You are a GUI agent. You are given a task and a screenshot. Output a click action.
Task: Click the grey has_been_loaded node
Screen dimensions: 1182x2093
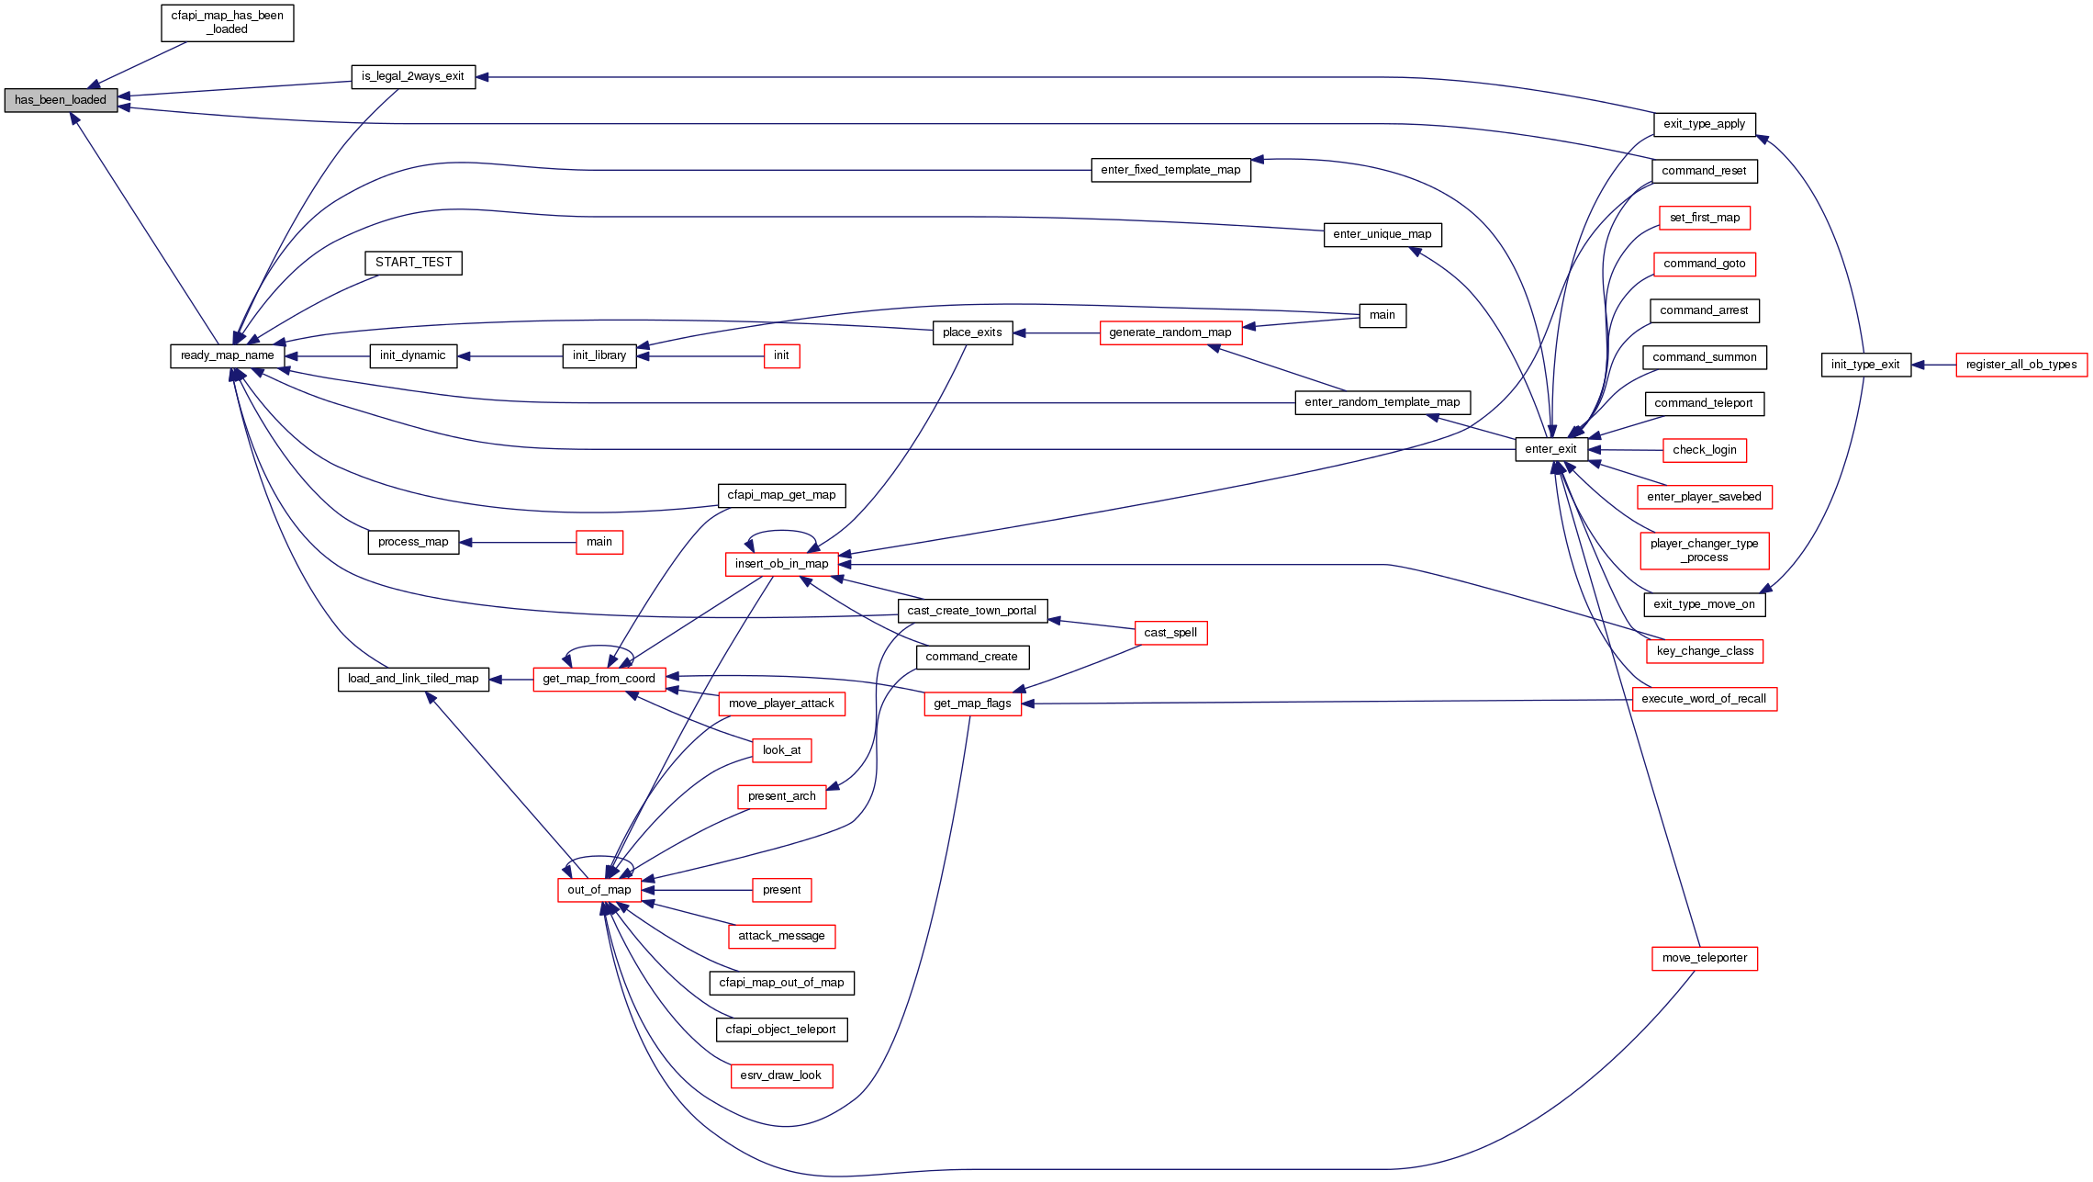tap(61, 100)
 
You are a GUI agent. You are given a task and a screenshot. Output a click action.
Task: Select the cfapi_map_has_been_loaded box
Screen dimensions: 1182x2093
tap(227, 23)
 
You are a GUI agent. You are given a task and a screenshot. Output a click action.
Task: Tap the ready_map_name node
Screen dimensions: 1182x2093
tap(227, 355)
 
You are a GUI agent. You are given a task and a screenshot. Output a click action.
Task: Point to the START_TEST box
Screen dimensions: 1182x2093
tap(413, 263)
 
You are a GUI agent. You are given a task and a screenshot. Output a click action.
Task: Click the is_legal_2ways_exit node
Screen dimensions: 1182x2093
tap(413, 76)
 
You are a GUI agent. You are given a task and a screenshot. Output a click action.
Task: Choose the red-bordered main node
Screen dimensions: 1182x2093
tap(599, 542)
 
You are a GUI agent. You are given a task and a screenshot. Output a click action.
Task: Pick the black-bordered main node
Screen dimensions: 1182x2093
tap(1382, 315)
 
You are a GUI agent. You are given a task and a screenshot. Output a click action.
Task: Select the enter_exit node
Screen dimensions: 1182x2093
tap(1550, 449)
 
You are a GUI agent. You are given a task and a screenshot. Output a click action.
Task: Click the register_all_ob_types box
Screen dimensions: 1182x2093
tap(2020, 365)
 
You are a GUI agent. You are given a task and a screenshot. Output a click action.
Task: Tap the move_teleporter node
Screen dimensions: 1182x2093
tap(1704, 958)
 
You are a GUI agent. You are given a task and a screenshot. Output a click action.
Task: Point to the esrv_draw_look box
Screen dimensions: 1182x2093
tap(780, 1075)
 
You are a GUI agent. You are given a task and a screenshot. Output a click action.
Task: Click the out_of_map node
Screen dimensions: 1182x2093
tap(599, 890)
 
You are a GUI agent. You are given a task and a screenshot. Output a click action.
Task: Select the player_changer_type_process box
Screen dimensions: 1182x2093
tap(1704, 550)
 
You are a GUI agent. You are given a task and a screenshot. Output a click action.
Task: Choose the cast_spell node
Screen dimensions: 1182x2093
tap(1170, 633)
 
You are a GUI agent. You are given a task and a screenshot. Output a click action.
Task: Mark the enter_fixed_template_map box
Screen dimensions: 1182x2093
tap(1170, 170)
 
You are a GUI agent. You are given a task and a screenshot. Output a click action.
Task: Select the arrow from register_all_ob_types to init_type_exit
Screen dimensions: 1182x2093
tap(1933, 365)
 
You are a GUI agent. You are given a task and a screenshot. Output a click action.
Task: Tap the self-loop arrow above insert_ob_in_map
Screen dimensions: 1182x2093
tap(781, 532)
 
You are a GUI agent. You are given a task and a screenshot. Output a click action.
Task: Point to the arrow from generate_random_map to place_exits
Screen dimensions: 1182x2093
tap(1056, 333)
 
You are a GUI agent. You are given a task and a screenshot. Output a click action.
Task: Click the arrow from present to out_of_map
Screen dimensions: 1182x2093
tap(697, 890)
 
